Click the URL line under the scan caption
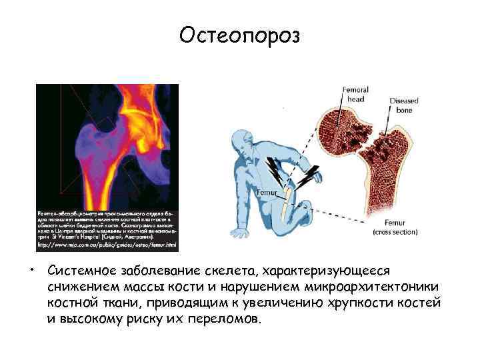107,245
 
